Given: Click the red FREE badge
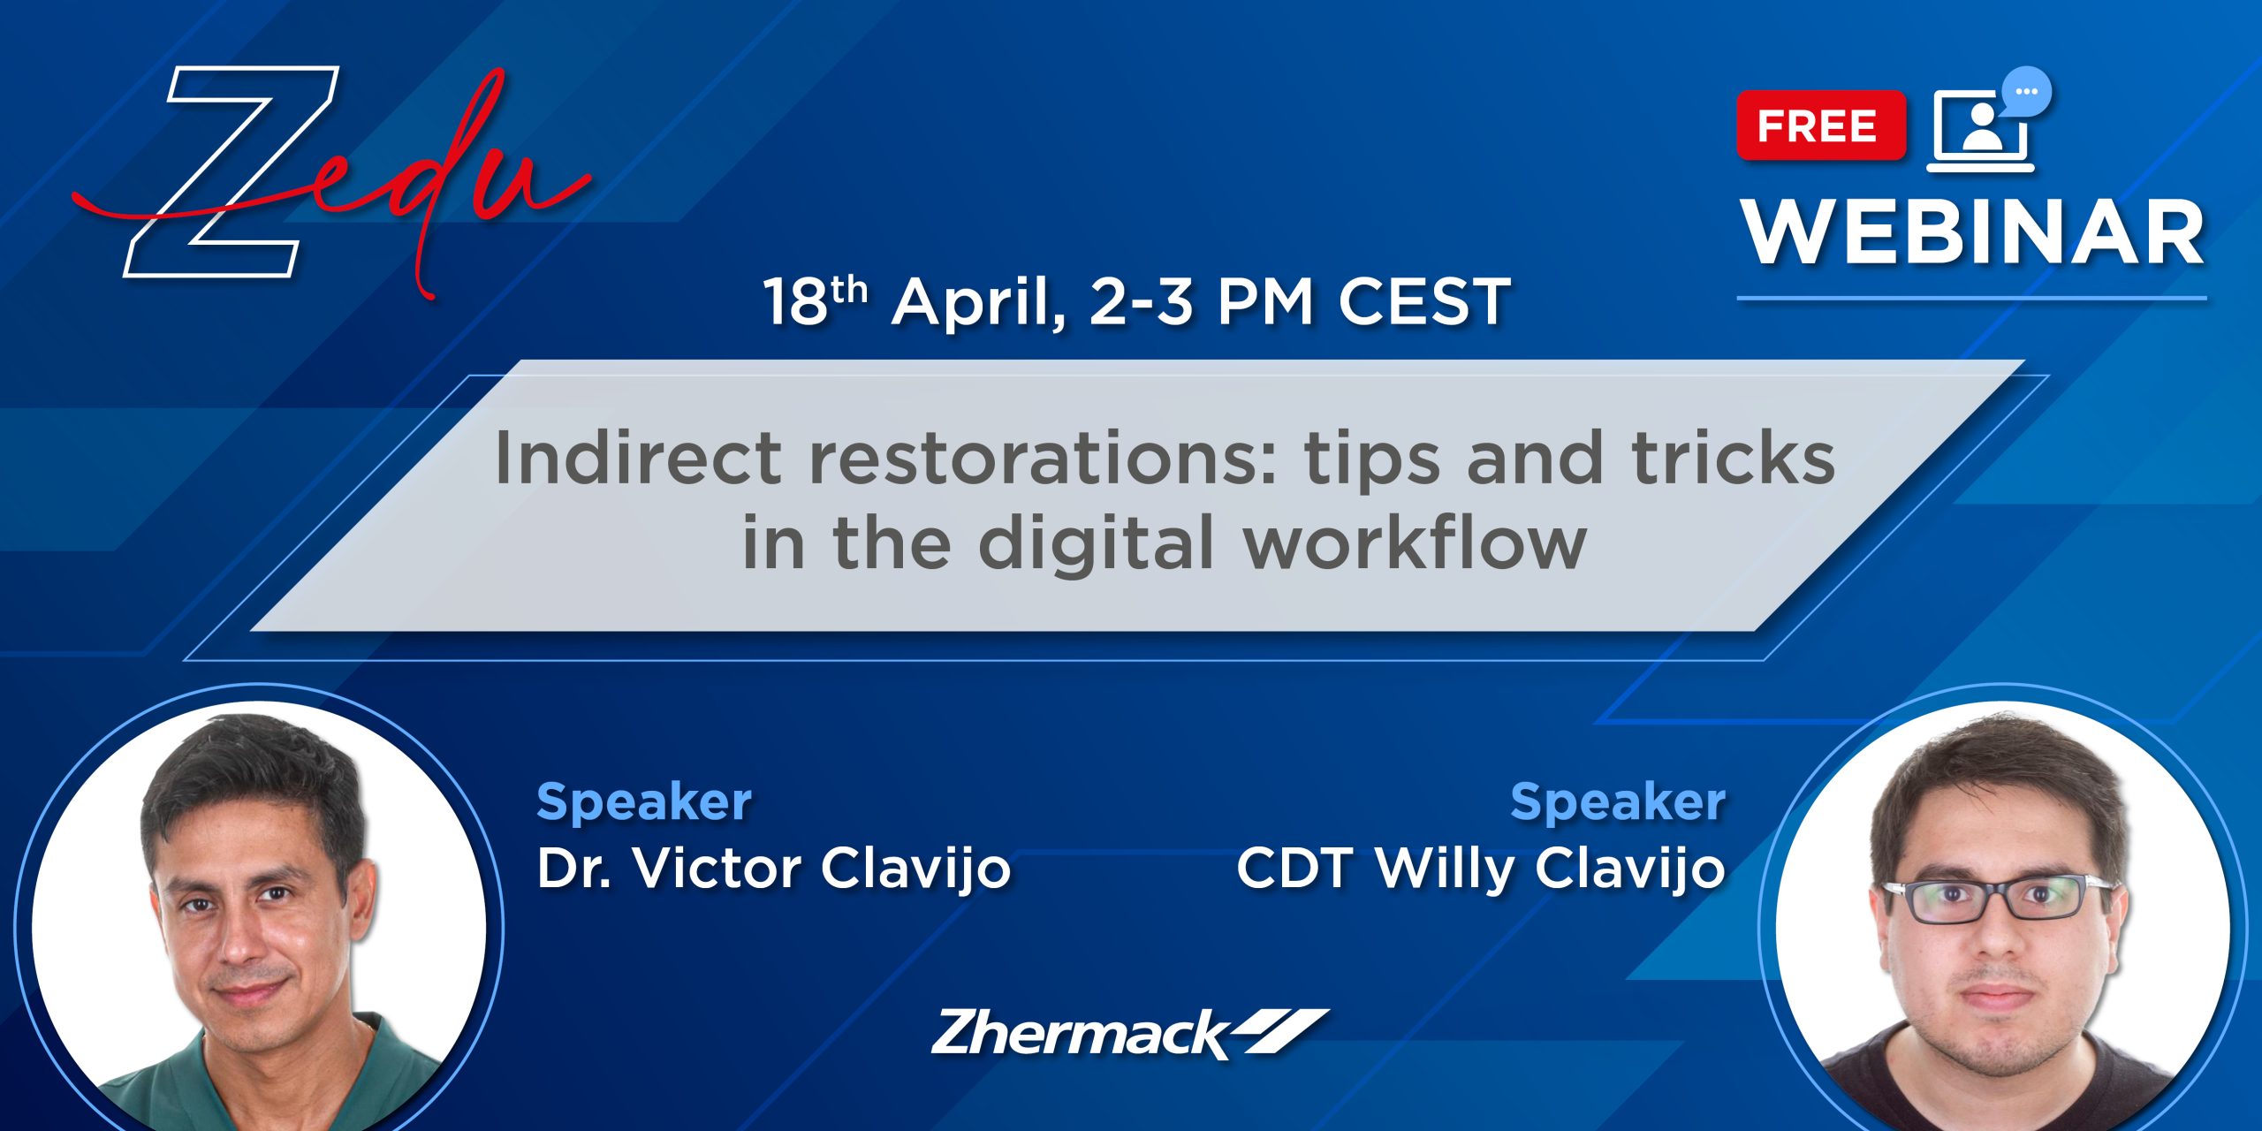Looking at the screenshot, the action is coord(1820,125).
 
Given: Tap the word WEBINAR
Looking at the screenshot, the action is coord(1973,232).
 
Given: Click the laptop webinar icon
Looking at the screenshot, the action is coord(1981,131).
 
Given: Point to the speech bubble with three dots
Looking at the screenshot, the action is coord(2027,92).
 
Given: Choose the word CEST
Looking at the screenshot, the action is coord(1423,302).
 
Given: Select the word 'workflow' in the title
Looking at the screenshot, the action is coord(1416,541).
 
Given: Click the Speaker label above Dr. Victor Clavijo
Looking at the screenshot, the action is coord(644,802).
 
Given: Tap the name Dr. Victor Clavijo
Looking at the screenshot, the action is coord(774,868).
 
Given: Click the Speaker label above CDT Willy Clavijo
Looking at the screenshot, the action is coord(1618,802).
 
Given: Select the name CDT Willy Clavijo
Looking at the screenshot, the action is coord(1481,868).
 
